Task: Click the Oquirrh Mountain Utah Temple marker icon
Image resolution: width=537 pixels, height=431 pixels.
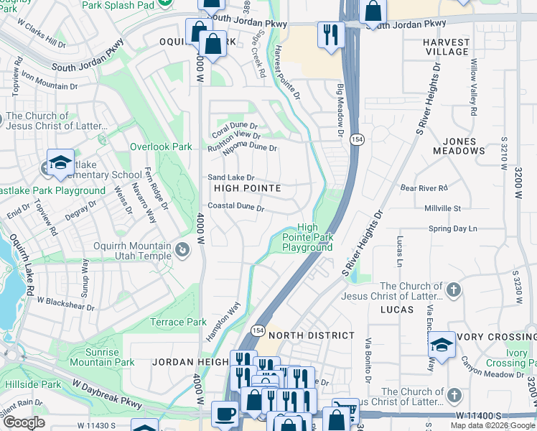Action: coord(182,251)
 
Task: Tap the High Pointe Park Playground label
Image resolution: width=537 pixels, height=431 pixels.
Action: coord(307,237)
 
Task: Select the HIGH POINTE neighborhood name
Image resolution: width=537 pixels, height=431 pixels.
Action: coord(246,188)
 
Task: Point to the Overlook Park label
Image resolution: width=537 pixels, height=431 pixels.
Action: coord(161,147)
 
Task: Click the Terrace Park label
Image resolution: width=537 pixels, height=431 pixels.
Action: coord(178,323)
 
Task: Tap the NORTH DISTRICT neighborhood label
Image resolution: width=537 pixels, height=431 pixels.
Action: coord(312,335)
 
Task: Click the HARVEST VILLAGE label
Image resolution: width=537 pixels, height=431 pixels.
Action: coord(446,47)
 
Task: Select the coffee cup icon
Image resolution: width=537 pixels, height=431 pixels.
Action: coord(226,415)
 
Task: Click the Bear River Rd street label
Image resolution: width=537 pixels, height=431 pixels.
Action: coord(424,188)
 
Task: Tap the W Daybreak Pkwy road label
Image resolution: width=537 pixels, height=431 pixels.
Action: coord(101,399)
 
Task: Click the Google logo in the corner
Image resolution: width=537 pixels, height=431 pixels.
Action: coord(24,423)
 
